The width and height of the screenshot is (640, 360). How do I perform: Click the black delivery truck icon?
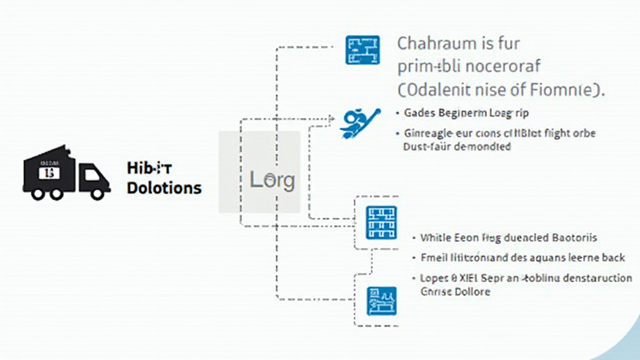click(65, 173)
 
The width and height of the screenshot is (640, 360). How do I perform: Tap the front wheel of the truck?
click(97, 192)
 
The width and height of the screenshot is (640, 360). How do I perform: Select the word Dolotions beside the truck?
click(164, 187)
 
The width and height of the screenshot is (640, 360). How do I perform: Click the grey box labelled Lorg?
click(259, 172)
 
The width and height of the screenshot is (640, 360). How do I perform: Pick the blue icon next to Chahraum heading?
click(362, 51)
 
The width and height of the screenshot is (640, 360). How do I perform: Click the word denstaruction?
click(592, 278)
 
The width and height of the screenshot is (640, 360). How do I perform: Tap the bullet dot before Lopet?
click(414, 278)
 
